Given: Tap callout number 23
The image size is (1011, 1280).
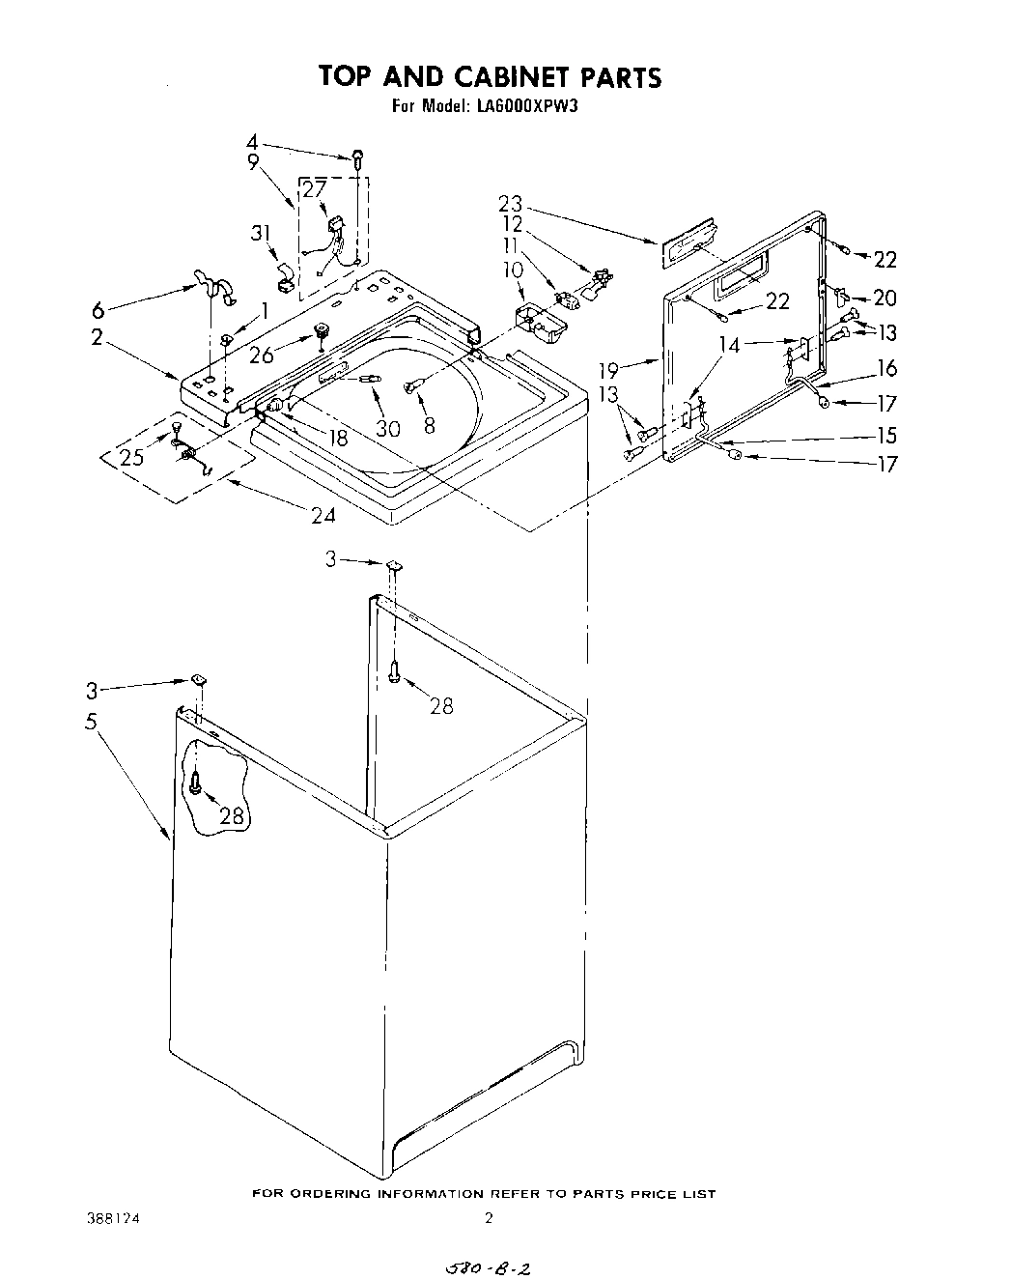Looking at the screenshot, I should (x=511, y=204).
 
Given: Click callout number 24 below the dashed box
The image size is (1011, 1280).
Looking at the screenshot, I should (x=323, y=515).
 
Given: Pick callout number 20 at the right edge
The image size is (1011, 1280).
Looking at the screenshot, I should (x=885, y=299).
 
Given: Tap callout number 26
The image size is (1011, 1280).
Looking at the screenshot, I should (x=262, y=356).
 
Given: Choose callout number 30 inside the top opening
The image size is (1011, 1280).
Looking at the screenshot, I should (x=387, y=428).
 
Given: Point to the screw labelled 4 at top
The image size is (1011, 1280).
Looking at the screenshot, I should (x=357, y=157).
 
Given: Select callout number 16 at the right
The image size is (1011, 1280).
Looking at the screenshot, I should (x=886, y=368).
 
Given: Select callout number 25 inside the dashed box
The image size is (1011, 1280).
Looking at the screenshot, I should (x=131, y=457).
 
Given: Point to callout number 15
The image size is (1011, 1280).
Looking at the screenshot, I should (x=886, y=436).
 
